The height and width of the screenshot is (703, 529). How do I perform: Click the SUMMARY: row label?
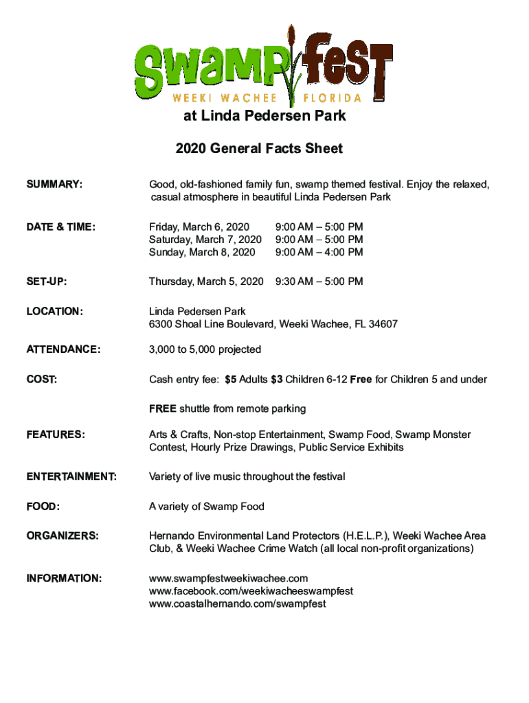tap(54, 185)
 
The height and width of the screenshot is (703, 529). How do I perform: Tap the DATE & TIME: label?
tap(60, 227)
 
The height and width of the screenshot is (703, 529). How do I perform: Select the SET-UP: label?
tap(46, 281)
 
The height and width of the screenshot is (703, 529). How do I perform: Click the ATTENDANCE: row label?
tap(63, 349)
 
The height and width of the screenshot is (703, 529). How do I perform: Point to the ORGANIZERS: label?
tap(63, 535)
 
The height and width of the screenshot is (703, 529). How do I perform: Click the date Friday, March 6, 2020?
tap(199, 227)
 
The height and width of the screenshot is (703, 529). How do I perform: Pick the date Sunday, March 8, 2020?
tap(202, 252)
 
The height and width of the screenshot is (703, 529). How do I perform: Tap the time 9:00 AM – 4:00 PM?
tap(319, 252)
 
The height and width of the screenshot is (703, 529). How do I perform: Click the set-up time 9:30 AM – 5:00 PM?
tap(319, 281)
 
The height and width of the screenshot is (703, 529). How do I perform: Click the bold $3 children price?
tap(276, 380)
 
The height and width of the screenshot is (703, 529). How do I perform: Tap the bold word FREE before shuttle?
tap(163, 408)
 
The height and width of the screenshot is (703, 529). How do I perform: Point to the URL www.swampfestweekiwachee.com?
tap(229, 578)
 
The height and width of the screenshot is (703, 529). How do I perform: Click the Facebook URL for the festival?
tap(251, 591)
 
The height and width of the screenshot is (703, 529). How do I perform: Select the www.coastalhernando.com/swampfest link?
tap(238, 604)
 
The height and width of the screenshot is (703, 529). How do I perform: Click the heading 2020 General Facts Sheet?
tap(259, 148)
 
